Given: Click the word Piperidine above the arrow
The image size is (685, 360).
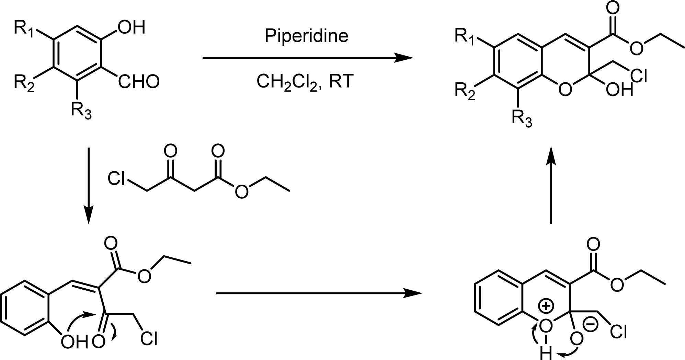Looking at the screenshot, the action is [306, 36].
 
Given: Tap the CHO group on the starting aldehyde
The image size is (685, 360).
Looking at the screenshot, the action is [139, 82].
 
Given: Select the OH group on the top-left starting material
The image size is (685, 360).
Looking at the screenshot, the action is [132, 27].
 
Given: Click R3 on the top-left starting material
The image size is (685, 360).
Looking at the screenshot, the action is [81, 111].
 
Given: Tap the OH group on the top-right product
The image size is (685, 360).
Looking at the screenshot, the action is [619, 90].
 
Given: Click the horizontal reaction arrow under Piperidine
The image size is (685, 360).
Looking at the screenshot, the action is [307, 58].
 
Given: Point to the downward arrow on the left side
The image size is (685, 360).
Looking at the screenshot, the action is [89, 185].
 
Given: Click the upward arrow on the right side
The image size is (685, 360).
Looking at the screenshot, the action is [551, 185].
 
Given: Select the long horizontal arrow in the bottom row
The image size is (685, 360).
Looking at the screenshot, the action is [319, 293].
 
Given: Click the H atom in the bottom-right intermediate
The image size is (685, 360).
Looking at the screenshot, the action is [545, 353].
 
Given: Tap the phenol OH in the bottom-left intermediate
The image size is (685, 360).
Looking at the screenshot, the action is [74, 342].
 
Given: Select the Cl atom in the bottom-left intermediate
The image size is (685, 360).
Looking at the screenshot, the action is [149, 339].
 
